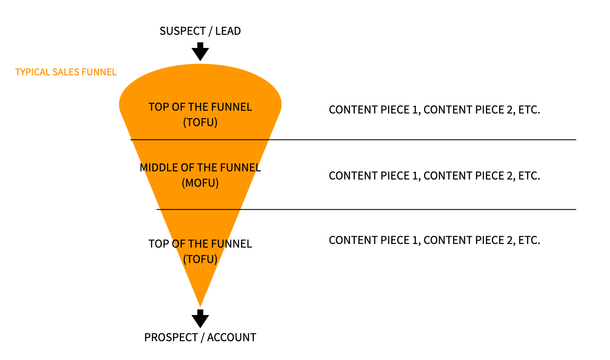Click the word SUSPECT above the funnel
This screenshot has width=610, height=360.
pyautogui.click(x=183, y=31)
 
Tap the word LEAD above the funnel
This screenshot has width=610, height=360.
pyautogui.click(x=228, y=31)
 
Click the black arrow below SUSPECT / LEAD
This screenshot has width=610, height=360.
pyautogui.click(x=200, y=51)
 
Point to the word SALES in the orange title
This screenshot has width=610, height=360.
pyautogui.click(x=65, y=72)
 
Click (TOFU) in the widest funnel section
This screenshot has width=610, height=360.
pyautogui.click(x=200, y=122)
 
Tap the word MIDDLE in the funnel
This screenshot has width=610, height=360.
pyautogui.click(x=159, y=167)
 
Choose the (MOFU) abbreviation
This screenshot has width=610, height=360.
pyautogui.click(x=200, y=183)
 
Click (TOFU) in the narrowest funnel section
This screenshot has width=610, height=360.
pyautogui.click(x=200, y=259)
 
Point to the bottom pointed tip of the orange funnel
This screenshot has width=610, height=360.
pyautogui.click(x=200, y=306)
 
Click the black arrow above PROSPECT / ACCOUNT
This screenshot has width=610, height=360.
pyautogui.click(x=200, y=318)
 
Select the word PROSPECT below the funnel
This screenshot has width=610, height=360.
pyautogui.click(x=171, y=337)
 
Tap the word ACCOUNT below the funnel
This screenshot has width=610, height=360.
pyautogui.click(x=232, y=337)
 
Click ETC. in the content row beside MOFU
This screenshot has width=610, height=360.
pyautogui.click(x=529, y=176)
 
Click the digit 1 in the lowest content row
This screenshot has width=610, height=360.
pyautogui.click(x=415, y=240)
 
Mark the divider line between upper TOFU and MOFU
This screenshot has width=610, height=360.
pyautogui.click(x=353, y=140)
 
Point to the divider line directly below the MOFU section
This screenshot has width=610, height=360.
pyautogui.click(x=366, y=209)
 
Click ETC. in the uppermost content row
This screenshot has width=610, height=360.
pyautogui.click(x=529, y=110)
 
